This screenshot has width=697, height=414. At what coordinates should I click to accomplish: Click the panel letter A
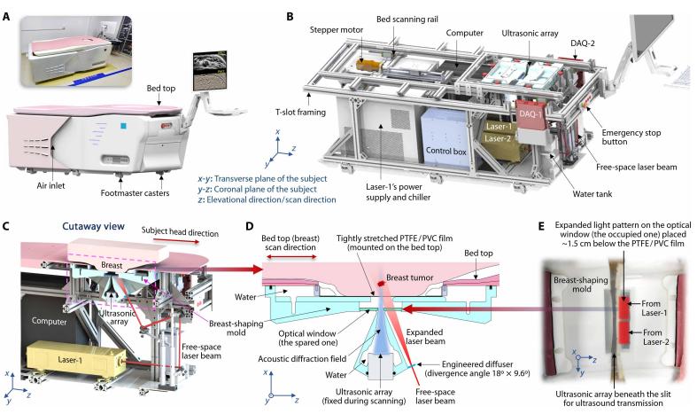click(x=8, y=8)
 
